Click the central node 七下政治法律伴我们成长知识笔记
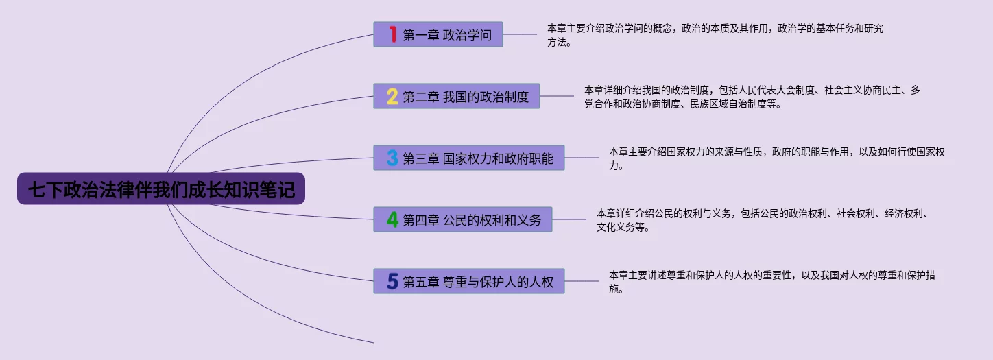[160, 189]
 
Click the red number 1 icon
[392, 34]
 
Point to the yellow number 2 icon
[392, 96]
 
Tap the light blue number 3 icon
[392, 158]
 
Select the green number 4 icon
[392, 219]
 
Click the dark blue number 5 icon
[392, 281]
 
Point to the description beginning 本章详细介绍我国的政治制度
[752, 97]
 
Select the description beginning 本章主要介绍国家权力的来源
[776, 158]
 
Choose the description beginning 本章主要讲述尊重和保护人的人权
[771, 282]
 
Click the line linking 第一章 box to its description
[520, 34]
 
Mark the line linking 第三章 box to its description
[582, 158]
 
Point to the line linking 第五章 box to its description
[582, 281]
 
